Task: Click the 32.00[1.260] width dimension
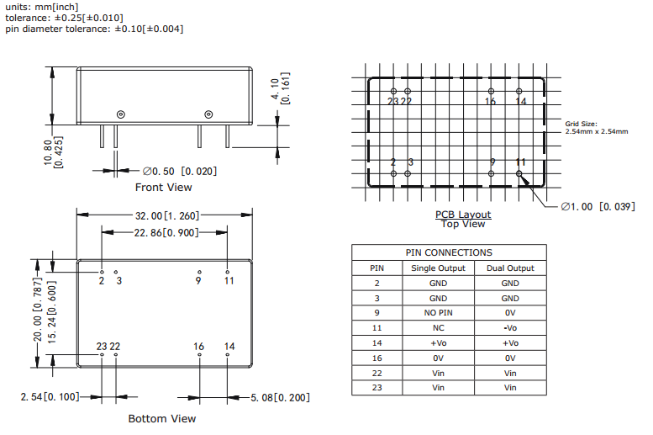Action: click(167, 215)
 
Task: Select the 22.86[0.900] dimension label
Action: click(166, 232)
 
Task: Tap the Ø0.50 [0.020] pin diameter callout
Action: click(180, 171)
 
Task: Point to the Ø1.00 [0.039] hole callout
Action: click(598, 206)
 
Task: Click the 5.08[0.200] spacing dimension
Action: click(280, 397)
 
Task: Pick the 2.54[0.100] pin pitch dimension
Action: click(50, 396)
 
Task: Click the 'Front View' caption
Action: click(163, 188)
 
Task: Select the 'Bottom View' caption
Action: click(162, 418)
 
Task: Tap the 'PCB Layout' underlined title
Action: click(463, 215)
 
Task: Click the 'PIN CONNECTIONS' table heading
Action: click(449, 252)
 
